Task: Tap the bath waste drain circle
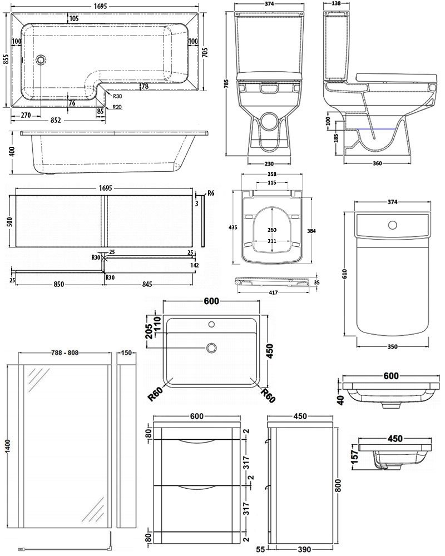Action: coord(41,59)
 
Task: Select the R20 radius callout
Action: coord(117,107)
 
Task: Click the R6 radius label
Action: coord(210,193)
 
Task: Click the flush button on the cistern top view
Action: coord(393,225)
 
